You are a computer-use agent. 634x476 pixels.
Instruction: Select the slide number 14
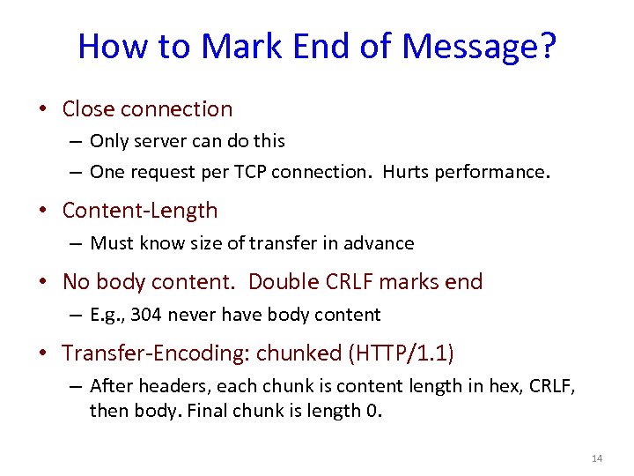(596, 458)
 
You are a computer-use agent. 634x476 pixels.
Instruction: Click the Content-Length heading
(140, 211)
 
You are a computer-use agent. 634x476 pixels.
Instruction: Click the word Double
(281, 282)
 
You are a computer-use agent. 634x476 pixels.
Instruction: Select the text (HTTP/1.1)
(402, 353)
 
